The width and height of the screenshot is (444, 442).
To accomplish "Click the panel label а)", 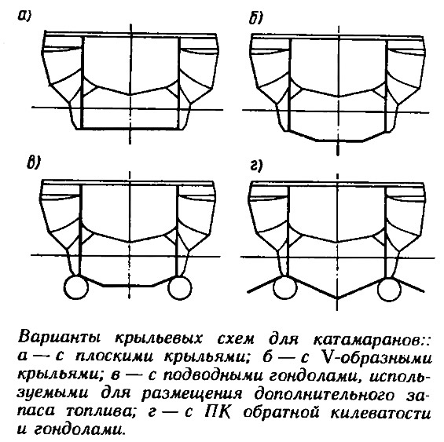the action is tap(24, 16).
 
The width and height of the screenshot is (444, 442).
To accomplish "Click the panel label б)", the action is tap(255, 18).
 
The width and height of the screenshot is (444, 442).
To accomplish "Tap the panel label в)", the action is tap(34, 163).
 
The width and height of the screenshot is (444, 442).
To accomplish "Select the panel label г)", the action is tap(256, 165).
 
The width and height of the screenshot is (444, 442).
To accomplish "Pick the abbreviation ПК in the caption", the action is tap(217, 412).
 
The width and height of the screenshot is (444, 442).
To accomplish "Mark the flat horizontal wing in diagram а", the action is tap(130, 129).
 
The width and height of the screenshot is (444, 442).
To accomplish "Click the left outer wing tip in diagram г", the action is tap(248, 291).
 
